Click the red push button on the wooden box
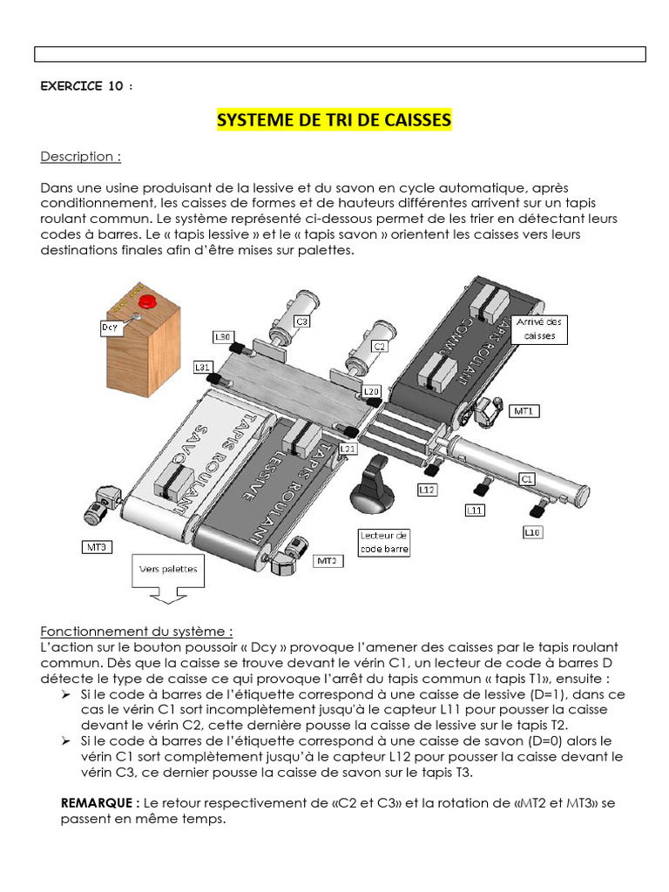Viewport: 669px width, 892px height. [147, 301]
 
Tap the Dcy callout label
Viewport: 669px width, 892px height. [111, 328]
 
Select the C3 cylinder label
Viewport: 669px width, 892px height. [302, 321]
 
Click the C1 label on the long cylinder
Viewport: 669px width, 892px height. [527, 478]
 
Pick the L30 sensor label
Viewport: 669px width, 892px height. [222, 336]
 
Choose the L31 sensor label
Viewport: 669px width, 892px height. [202, 367]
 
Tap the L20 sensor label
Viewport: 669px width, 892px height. [371, 391]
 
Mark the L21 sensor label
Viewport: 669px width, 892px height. [348, 448]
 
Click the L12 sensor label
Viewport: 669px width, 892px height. [427, 490]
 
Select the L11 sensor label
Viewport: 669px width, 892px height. [475, 510]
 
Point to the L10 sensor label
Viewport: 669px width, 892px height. [532, 530]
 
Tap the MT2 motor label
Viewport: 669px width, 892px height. [327, 561]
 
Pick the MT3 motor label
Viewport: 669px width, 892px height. [95, 547]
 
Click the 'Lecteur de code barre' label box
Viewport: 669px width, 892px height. [384, 542]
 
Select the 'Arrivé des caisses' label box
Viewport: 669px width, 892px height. [539, 328]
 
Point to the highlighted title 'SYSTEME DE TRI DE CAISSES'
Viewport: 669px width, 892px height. [334, 119]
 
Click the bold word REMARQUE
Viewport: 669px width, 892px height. [98, 801]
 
